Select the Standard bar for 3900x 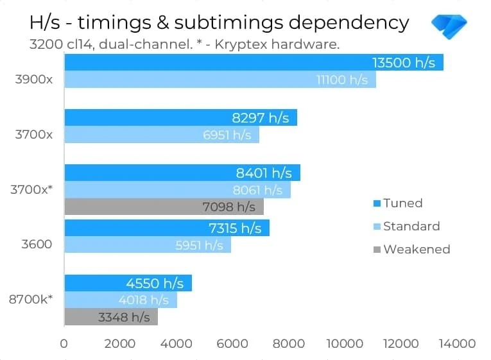(220, 80)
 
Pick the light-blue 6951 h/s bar (161, 135)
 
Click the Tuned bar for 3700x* (182, 173)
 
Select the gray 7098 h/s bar (164, 207)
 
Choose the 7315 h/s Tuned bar (167, 228)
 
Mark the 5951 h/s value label (199, 245)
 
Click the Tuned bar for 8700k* (128, 283)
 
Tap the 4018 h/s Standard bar (120, 300)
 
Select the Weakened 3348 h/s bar (110, 317)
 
